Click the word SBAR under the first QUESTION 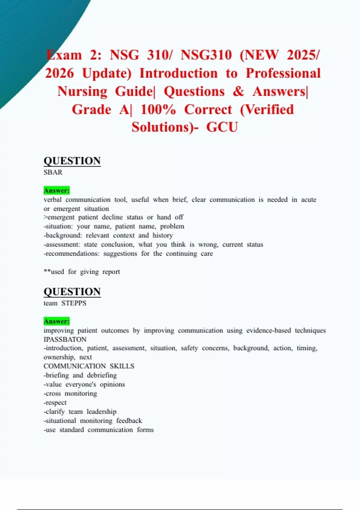point(53,172)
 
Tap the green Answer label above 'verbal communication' point(56,190)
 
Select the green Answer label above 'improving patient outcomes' point(56,321)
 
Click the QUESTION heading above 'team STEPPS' point(72,292)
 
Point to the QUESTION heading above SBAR point(72,161)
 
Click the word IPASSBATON point(65,339)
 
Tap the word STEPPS point(74,303)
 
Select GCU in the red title point(222,127)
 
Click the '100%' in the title point(158,109)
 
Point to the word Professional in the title point(283,73)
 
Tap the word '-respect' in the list point(55,403)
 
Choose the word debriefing point(102,375)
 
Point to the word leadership point(101,412)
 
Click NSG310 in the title point(206,55)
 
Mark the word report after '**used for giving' point(111,272)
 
